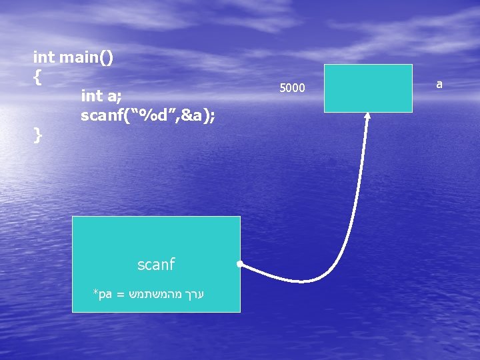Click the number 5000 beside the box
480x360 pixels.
tap(292, 88)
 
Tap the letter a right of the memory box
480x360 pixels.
tap(439, 85)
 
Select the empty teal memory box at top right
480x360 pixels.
tap(368, 88)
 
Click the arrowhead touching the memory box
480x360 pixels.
tap(367, 117)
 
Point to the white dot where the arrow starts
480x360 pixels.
tap(239, 264)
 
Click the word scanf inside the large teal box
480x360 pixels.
tap(155, 265)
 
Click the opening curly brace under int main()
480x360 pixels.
tap(38, 78)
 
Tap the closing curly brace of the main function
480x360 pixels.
tap(38, 135)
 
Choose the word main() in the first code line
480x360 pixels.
tap(86, 58)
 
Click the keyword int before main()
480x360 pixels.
tap(44, 58)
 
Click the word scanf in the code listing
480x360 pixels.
tap(101, 115)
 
